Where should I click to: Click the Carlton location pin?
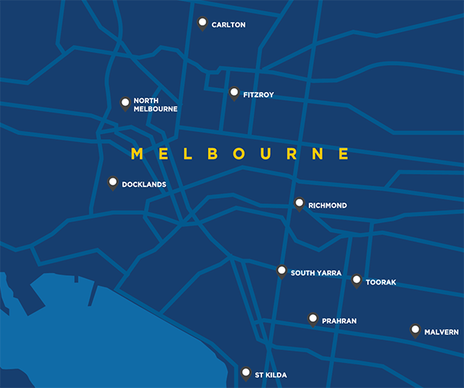pyautogui.click(x=203, y=23)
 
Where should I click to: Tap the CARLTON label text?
pyautogui.click(x=228, y=25)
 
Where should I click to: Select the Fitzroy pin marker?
pyautogui.click(x=234, y=94)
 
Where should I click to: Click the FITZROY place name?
pyautogui.click(x=258, y=95)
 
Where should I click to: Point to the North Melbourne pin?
pyautogui.click(x=125, y=103)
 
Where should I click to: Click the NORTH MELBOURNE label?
pyautogui.click(x=155, y=105)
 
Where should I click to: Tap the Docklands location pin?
pyautogui.click(x=113, y=183)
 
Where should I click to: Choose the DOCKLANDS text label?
pyautogui.click(x=144, y=185)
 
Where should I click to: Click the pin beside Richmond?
pyautogui.click(x=299, y=204)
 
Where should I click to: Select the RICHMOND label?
pyautogui.click(x=327, y=206)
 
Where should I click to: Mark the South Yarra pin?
pyautogui.click(x=282, y=271)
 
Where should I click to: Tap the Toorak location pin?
pyautogui.click(x=357, y=281)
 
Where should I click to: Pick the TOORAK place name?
pyautogui.click(x=380, y=282)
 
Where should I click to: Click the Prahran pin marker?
pyautogui.click(x=312, y=318)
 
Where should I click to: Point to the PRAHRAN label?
pyautogui.click(x=339, y=320)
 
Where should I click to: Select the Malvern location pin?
pyautogui.click(x=415, y=330)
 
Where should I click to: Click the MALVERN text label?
pyautogui.click(x=442, y=332)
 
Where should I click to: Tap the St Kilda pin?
pyautogui.click(x=246, y=373)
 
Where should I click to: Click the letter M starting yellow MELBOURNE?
pyautogui.click(x=138, y=153)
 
